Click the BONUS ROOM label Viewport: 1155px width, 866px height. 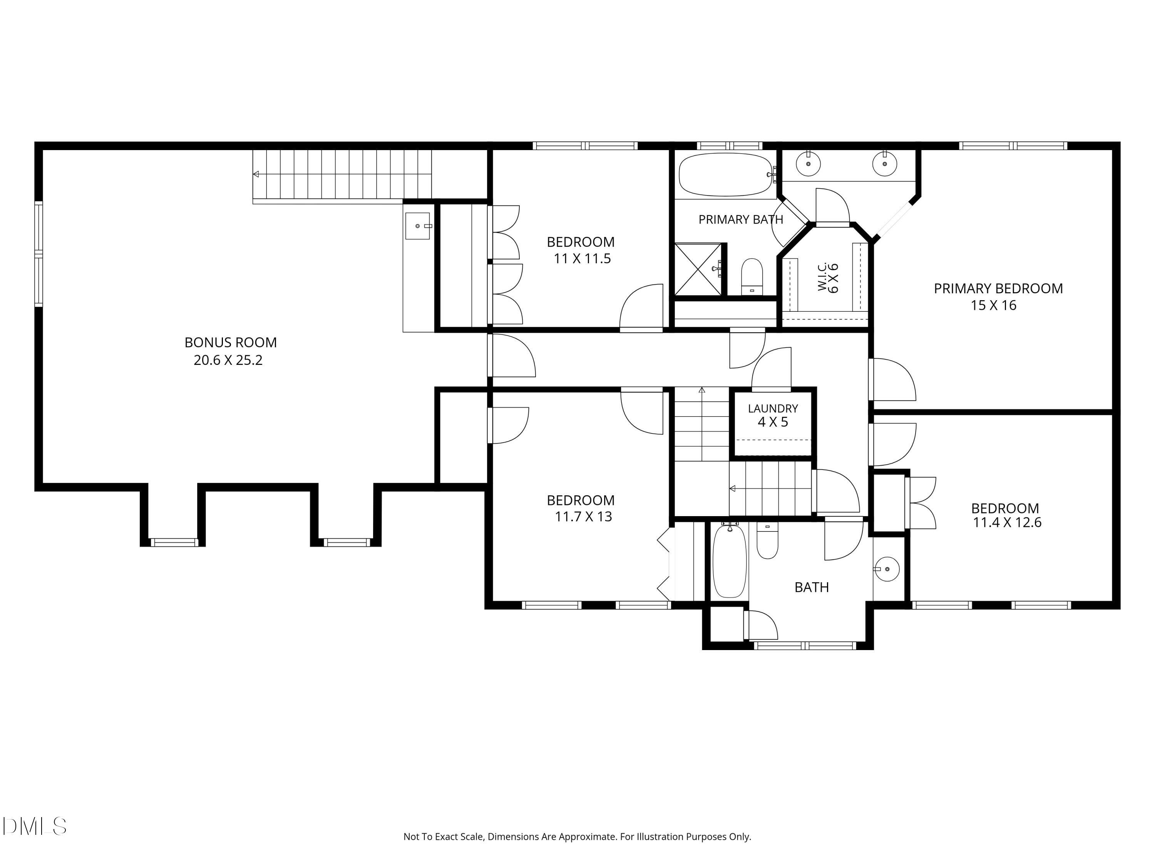point(230,343)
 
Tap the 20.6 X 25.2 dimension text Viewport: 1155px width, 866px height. point(228,360)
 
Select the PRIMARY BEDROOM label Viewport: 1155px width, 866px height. point(998,289)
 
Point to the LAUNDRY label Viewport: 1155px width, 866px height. point(773,408)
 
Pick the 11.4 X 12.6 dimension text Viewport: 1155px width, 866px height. point(1007,523)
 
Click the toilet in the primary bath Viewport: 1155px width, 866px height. point(752,276)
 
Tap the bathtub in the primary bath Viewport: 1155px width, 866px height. point(726,174)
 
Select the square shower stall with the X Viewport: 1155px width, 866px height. point(699,269)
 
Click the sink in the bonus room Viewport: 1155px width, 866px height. point(418,226)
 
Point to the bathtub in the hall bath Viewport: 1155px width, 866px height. point(730,561)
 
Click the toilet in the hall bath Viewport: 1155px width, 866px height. point(767,541)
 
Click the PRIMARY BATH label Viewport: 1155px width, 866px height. point(741,220)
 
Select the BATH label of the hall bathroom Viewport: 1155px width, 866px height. point(812,588)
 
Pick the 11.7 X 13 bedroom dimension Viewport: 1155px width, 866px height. point(583,517)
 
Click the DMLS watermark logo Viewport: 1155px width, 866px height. point(35,826)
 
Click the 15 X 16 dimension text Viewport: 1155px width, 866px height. point(994,305)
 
